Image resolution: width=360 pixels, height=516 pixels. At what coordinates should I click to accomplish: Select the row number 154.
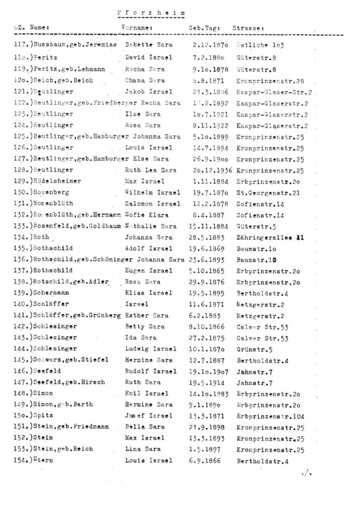(19, 460)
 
